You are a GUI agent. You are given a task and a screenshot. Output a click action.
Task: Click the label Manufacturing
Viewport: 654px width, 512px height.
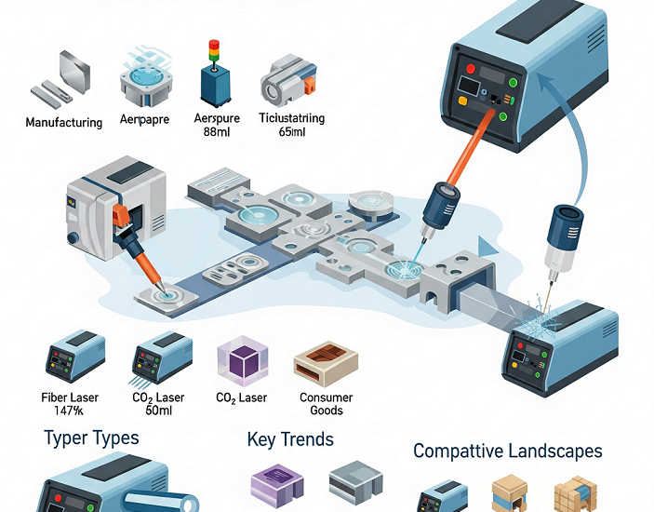[x=63, y=123]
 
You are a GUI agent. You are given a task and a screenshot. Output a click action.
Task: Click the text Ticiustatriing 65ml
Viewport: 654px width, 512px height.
[x=292, y=126]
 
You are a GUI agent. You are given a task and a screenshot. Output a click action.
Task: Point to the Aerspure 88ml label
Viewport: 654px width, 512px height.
[x=217, y=126]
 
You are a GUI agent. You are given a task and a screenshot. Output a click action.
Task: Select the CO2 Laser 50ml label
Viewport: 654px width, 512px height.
[x=160, y=404]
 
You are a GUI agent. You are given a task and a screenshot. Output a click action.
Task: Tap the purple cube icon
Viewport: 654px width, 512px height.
[x=241, y=359]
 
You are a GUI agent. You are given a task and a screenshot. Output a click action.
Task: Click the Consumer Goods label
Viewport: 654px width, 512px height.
[x=326, y=404]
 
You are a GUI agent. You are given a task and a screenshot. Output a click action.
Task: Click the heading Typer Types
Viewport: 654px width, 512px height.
[x=91, y=438]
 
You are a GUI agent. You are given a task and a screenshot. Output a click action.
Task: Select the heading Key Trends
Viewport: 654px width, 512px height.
[x=290, y=439]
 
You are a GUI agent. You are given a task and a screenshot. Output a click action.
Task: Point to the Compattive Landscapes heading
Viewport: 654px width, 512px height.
[x=507, y=451]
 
